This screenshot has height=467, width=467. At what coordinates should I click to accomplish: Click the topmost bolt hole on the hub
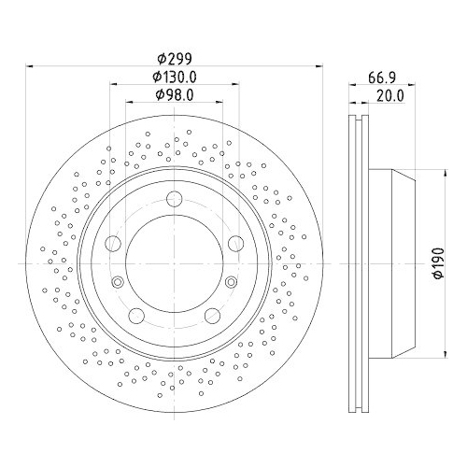(174, 197)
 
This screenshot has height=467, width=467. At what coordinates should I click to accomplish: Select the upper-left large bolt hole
(113, 243)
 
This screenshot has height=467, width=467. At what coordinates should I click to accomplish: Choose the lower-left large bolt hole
(136, 314)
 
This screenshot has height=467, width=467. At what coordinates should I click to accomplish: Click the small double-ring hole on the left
(117, 282)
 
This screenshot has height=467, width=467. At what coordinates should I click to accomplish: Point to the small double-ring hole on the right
(230, 282)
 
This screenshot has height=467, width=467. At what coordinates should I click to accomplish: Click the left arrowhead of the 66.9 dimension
(352, 85)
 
